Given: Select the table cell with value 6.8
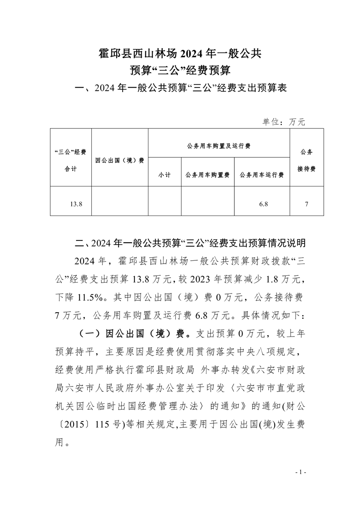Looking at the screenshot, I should pyautogui.click(x=263, y=204).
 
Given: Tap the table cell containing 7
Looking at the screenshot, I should pyautogui.click(x=307, y=204).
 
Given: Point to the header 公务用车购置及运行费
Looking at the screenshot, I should pyautogui.click(x=219, y=147).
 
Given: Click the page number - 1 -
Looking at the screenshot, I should pyautogui.click(x=301, y=472).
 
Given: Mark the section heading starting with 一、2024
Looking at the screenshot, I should pyautogui.click(x=180, y=88).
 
